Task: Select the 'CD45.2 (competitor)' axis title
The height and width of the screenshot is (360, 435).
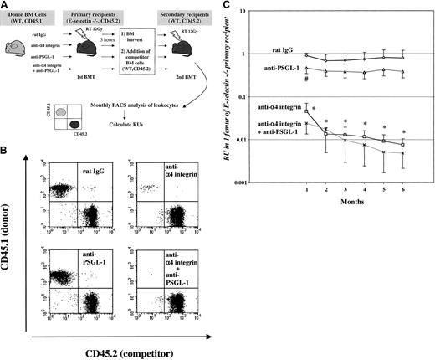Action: click(120, 345)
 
